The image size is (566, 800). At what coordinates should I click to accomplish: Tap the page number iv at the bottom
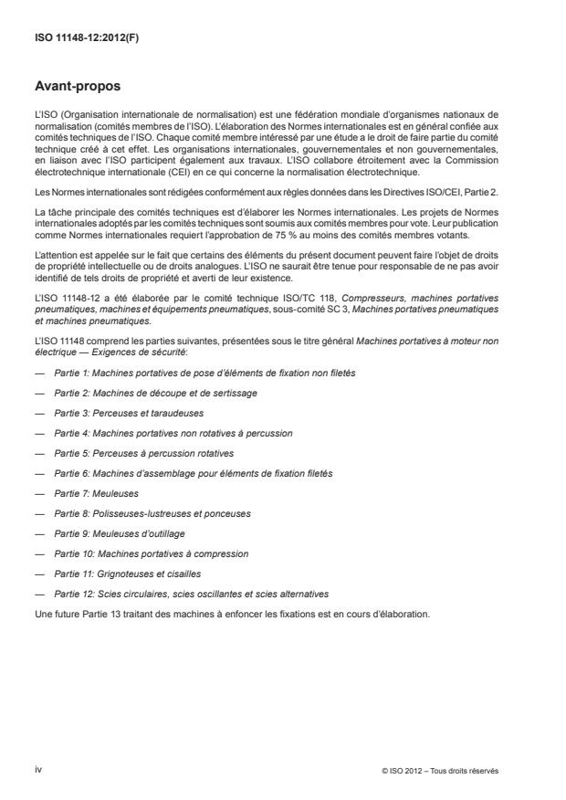pyautogui.click(x=38, y=769)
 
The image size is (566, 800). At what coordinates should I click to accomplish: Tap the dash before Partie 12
pyautogui.click(x=38, y=593)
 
